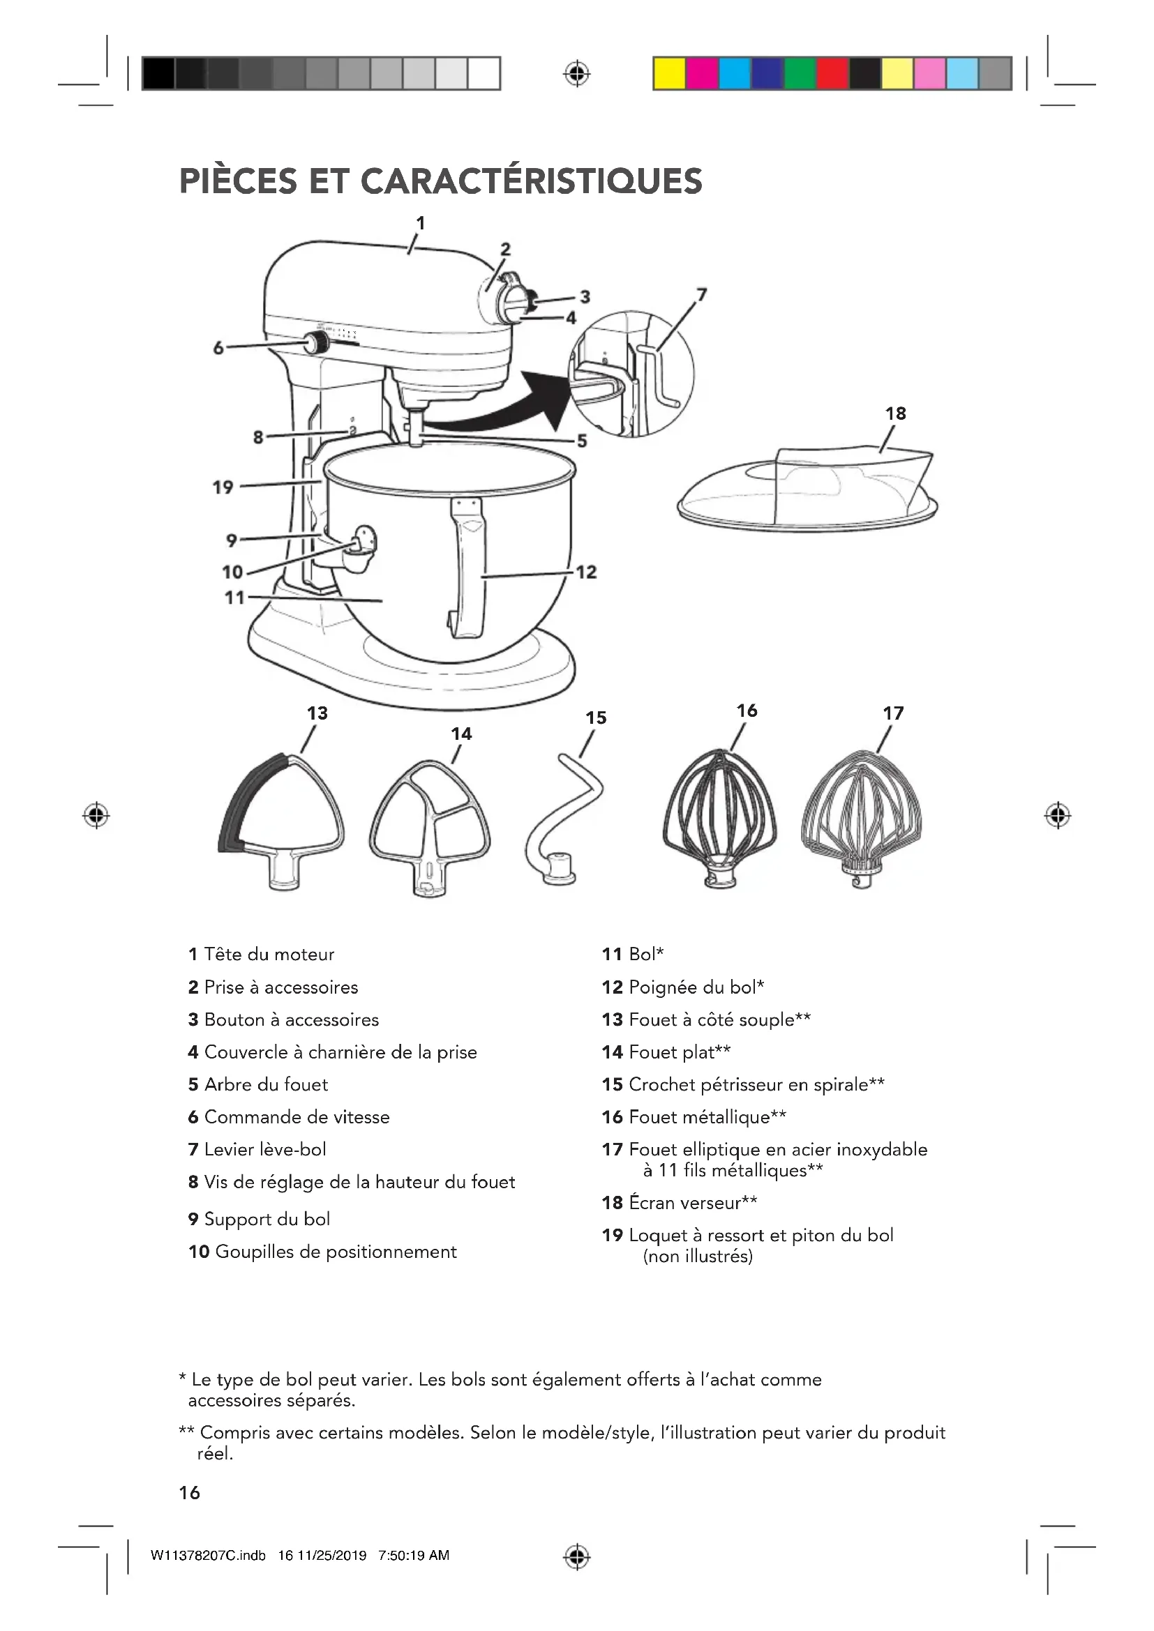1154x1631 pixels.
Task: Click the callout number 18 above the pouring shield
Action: (x=895, y=414)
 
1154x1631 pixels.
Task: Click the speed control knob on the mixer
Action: (x=315, y=344)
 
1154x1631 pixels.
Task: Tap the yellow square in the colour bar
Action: (x=669, y=74)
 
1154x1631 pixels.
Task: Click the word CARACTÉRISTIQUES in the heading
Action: (x=532, y=181)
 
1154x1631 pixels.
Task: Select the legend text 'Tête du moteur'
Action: (x=269, y=954)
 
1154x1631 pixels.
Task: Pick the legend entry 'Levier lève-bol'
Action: (x=265, y=1149)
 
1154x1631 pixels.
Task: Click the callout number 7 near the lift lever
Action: (x=701, y=294)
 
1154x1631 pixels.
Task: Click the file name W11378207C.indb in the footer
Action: (x=208, y=1556)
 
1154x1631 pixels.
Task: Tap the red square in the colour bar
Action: (x=832, y=74)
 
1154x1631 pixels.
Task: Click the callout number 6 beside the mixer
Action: (x=219, y=348)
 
